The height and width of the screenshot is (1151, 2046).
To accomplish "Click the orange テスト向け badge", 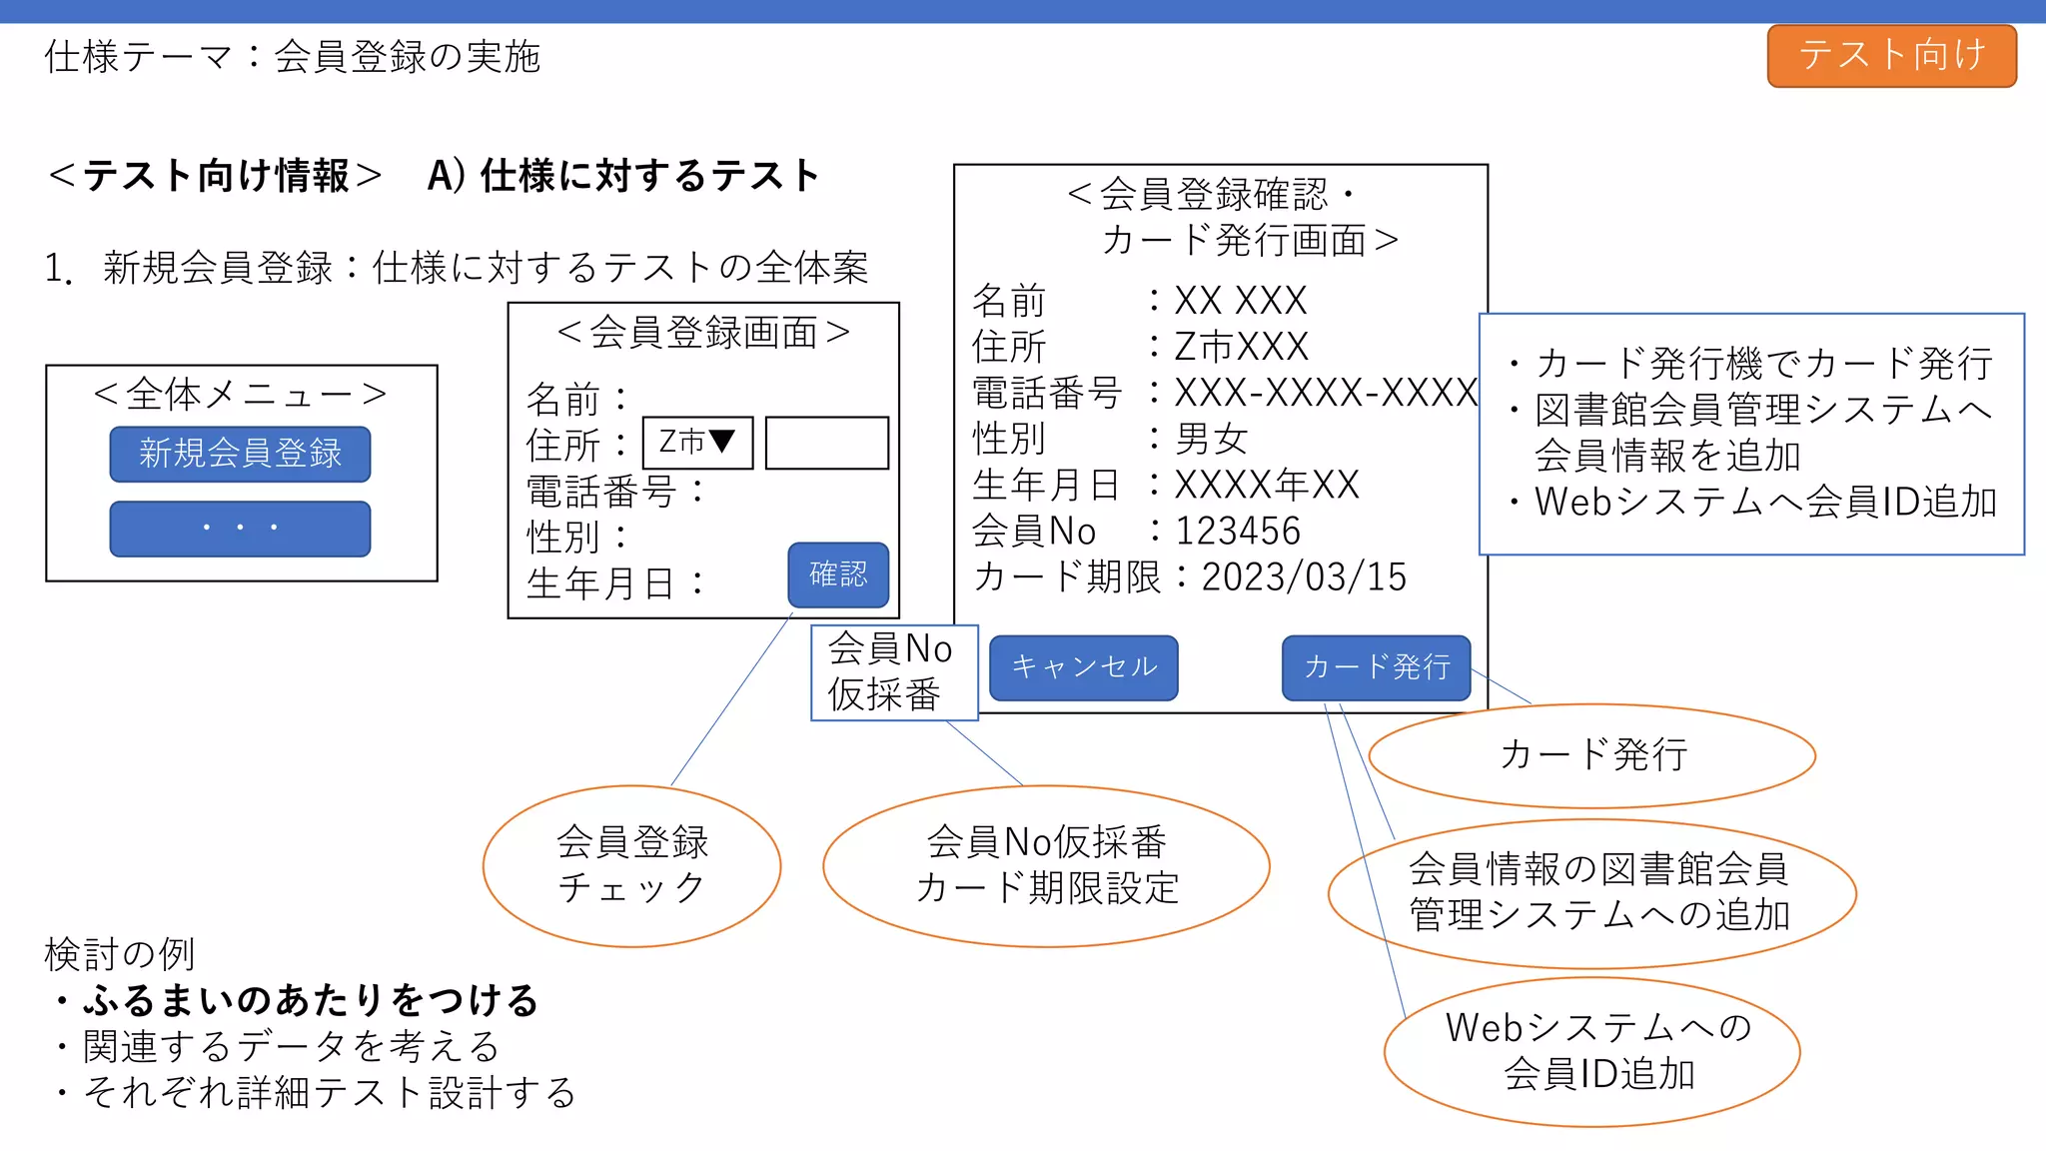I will [x=1891, y=56].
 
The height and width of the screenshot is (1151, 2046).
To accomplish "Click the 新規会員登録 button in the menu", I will [x=240, y=454].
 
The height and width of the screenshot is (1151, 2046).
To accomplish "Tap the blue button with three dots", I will [x=240, y=529].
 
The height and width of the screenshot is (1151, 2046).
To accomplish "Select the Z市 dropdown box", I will [x=697, y=443].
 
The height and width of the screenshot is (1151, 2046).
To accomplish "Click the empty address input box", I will [x=826, y=443].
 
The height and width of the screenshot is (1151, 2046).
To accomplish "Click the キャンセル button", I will [x=1083, y=667].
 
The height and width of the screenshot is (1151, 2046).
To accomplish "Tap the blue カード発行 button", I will [x=1376, y=667].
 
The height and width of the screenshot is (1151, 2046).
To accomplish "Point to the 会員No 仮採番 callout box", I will [x=893, y=672].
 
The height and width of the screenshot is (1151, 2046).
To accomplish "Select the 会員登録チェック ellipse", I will [x=631, y=865].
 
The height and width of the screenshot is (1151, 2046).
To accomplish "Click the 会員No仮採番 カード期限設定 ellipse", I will [x=1046, y=865].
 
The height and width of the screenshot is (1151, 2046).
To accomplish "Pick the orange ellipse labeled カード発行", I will [x=1591, y=755].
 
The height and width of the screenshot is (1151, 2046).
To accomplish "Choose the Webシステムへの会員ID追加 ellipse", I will [x=1591, y=1051].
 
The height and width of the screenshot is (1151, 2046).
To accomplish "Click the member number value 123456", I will [x=1238, y=532].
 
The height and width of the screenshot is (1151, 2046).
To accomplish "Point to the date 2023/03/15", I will [x=1304, y=577].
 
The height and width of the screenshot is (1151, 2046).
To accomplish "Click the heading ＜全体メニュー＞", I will [x=240, y=395].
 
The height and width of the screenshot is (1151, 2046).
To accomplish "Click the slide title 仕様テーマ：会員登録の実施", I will [x=292, y=57].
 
